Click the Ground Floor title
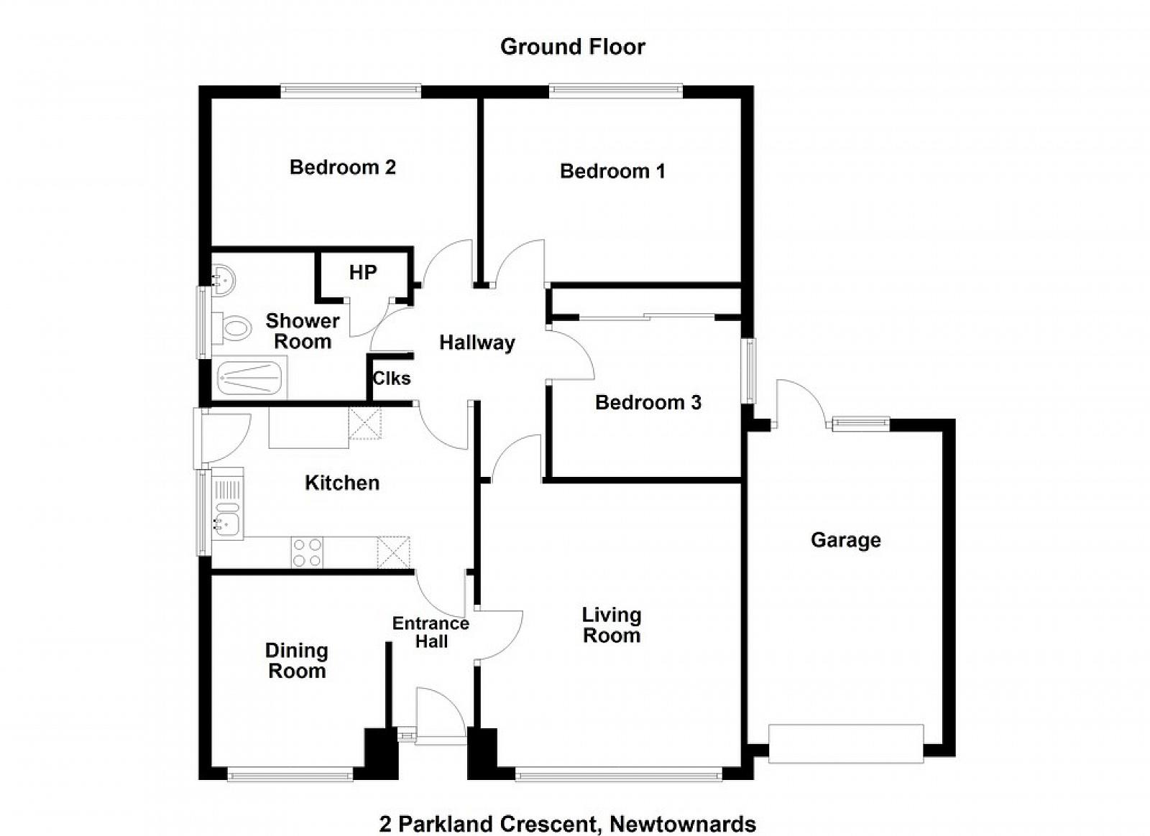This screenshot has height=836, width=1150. click(572, 47)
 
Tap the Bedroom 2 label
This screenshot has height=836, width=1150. click(342, 167)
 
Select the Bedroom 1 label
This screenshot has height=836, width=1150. click(612, 171)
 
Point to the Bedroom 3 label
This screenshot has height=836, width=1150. click(648, 402)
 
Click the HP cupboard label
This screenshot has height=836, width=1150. click(363, 272)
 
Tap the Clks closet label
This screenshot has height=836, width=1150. click(392, 378)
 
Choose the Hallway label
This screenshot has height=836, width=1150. click(477, 343)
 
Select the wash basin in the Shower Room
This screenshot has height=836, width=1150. click(224, 279)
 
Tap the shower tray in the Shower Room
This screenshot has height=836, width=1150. click(249, 377)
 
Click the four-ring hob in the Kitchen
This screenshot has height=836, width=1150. click(307, 552)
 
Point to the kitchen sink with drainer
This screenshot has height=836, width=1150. click(227, 503)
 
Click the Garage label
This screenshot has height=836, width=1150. click(846, 541)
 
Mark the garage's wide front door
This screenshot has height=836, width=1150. click(846, 743)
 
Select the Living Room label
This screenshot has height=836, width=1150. click(612, 626)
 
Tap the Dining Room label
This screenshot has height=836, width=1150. click(297, 661)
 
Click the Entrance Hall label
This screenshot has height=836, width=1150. click(431, 632)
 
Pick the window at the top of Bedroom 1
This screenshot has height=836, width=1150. click(615, 90)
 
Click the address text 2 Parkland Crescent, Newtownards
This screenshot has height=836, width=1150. click(568, 810)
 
